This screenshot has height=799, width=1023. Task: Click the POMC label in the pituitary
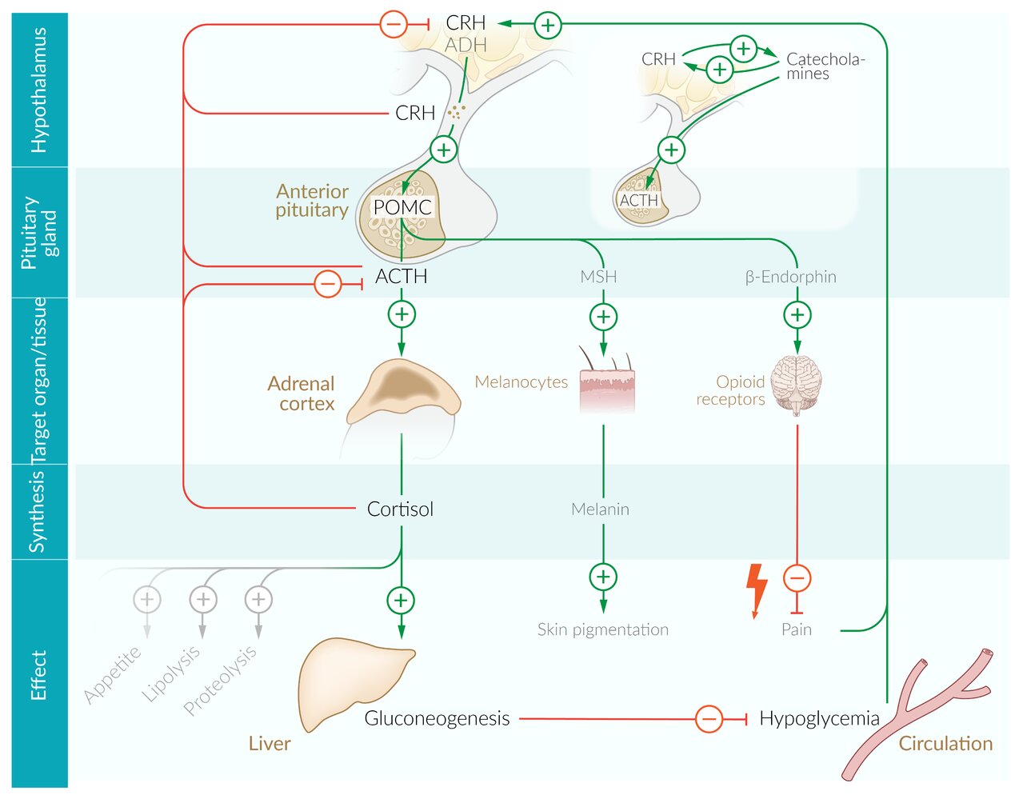[x=402, y=207]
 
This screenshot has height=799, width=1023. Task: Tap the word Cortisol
[x=400, y=509]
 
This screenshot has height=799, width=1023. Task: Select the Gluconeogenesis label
[x=437, y=718]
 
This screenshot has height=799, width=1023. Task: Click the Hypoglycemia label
[x=819, y=718]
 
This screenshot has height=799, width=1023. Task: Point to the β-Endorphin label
[x=790, y=278]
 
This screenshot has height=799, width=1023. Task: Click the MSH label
[x=598, y=278]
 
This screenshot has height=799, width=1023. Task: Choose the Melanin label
[x=600, y=509]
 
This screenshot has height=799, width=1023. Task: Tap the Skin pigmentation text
[x=602, y=630]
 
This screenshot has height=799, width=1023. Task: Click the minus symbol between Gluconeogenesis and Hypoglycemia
[x=709, y=718]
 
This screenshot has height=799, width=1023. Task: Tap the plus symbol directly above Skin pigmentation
[x=603, y=577]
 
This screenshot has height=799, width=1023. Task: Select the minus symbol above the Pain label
[x=797, y=577]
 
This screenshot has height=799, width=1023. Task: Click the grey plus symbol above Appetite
[x=147, y=599]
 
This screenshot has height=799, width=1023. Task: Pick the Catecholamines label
[x=825, y=66]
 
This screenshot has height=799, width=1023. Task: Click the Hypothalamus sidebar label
[x=39, y=90]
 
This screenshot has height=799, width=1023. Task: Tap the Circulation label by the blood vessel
[x=945, y=744]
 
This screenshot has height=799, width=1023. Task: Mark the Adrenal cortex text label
[x=302, y=394]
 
